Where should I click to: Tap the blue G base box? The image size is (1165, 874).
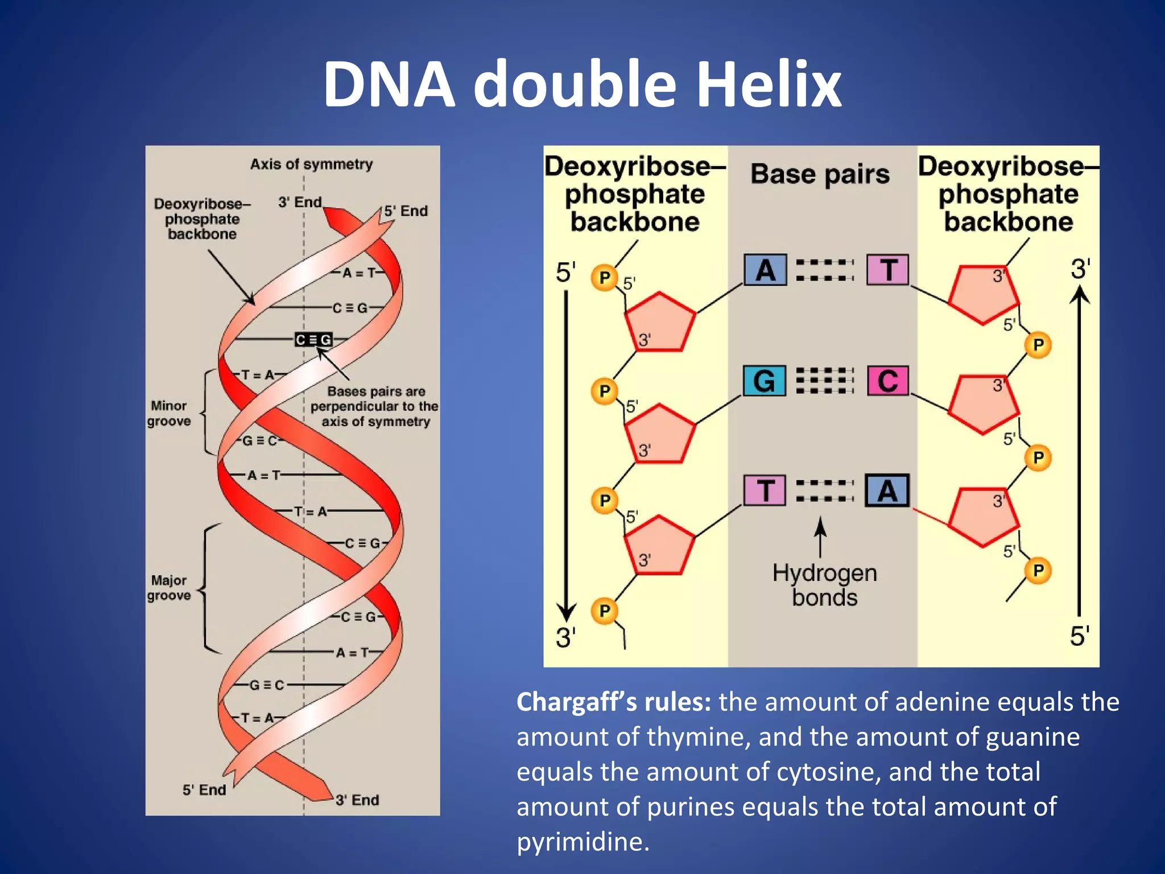(x=765, y=381)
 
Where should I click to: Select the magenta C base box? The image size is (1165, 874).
(x=887, y=381)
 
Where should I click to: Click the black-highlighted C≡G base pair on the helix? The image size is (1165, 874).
(x=313, y=340)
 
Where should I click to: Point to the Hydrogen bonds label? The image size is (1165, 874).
(x=824, y=585)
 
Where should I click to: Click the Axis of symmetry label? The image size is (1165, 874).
(x=311, y=164)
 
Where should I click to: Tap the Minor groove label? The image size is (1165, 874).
(x=168, y=414)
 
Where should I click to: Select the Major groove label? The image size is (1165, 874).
(x=168, y=588)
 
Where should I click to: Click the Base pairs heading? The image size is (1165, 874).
(x=820, y=174)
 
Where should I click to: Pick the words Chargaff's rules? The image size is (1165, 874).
(x=613, y=702)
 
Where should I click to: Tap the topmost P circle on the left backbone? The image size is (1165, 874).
(x=605, y=278)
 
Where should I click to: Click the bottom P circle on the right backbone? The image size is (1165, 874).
(x=1038, y=571)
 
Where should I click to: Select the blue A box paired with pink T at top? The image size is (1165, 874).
(x=765, y=270)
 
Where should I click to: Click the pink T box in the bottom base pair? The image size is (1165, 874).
(x=765, y=490)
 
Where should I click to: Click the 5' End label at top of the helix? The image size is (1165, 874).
(x=406, y=211)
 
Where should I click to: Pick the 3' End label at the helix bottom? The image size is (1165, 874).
(x=357, y=800)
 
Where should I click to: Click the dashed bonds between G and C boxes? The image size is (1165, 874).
(x=825, y=381)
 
